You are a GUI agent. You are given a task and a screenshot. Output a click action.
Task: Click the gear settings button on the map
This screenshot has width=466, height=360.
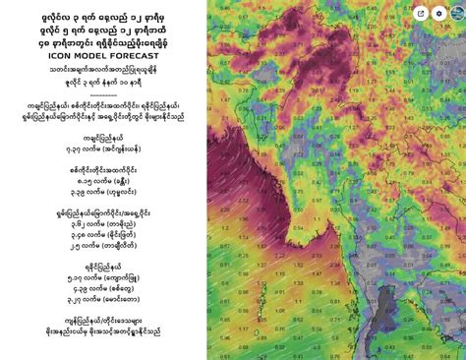(x=454, y=13)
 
